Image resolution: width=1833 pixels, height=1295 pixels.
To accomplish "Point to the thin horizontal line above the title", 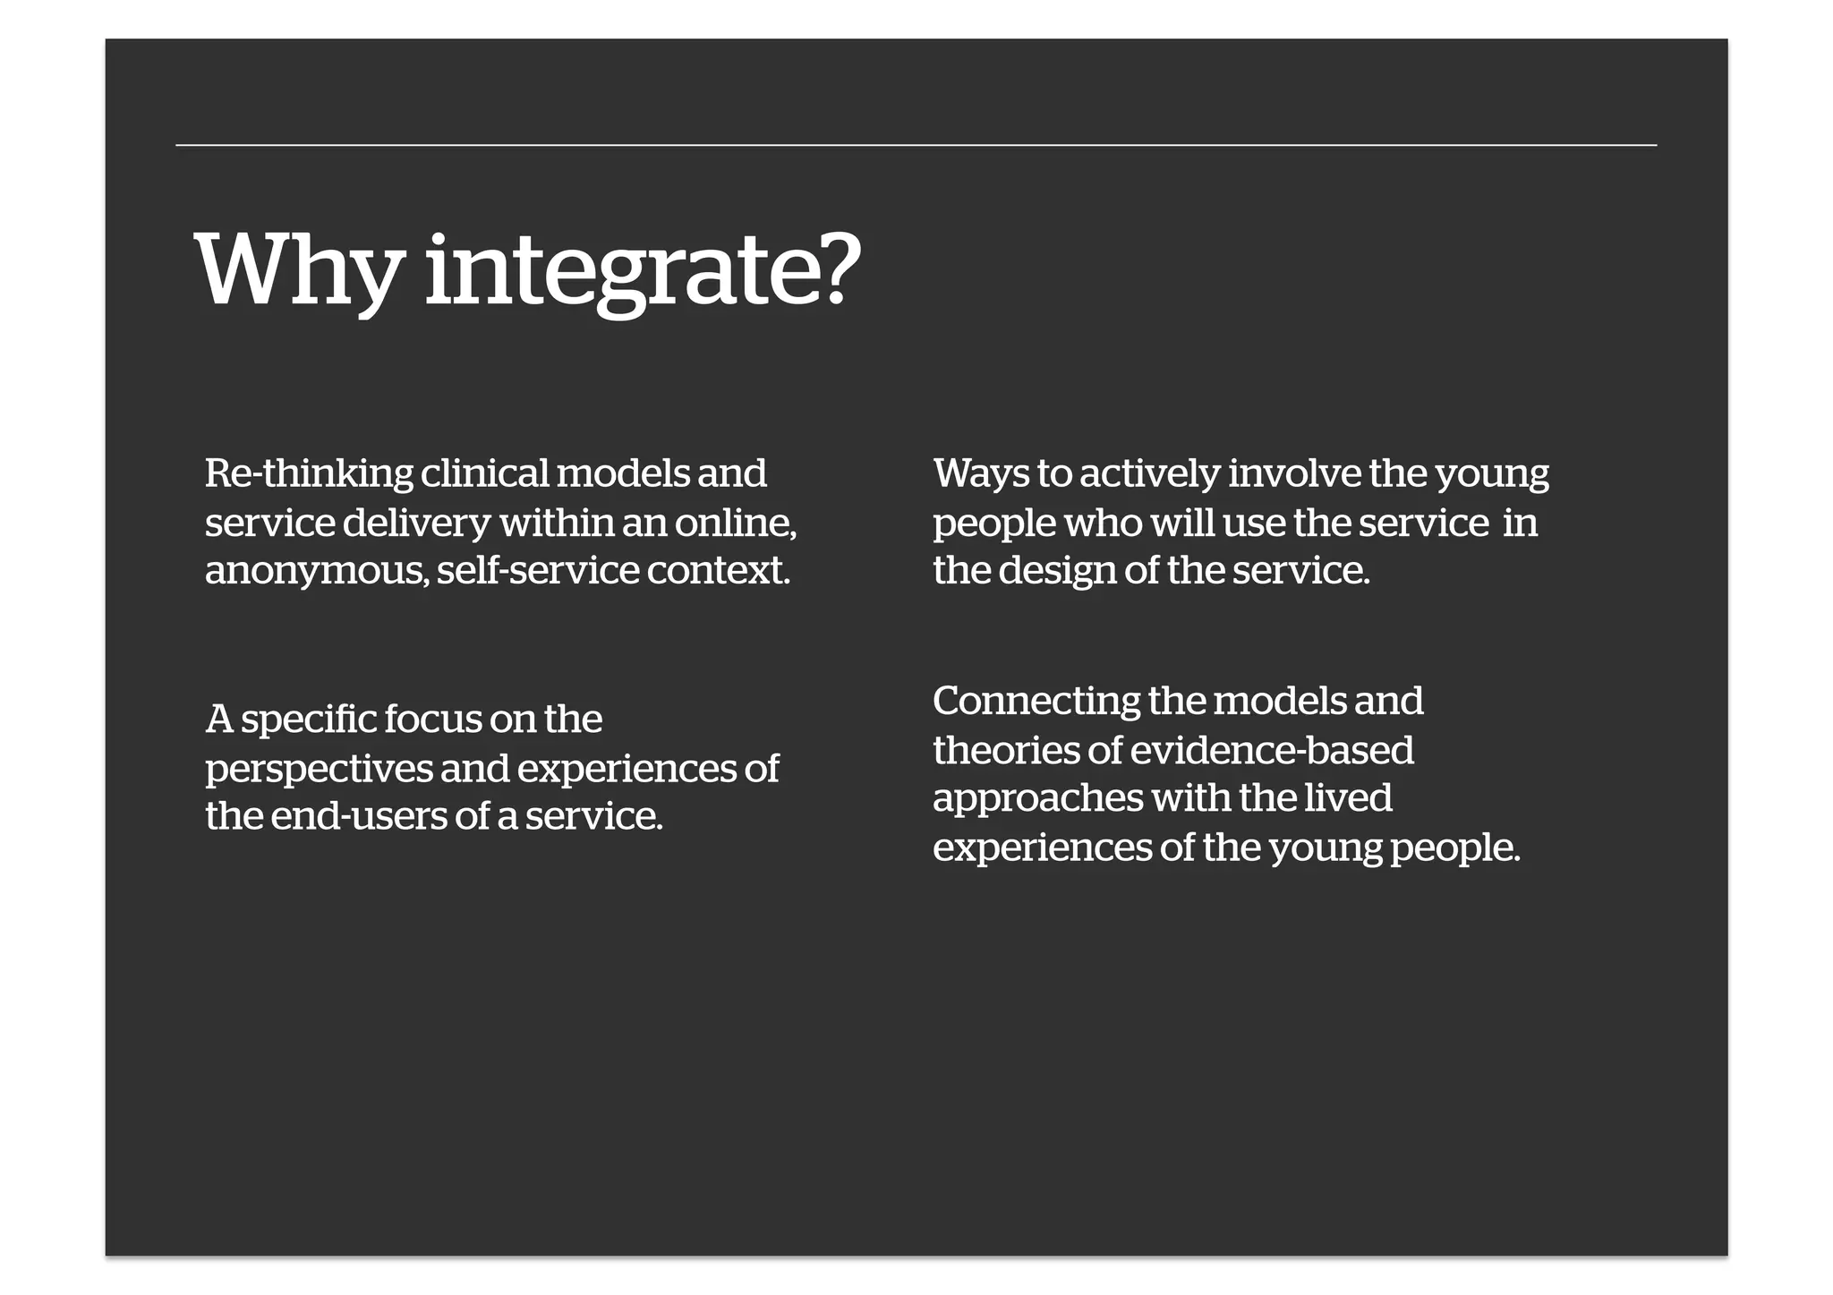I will pos(916,144).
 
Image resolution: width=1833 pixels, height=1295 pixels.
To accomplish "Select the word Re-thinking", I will pos(309,473).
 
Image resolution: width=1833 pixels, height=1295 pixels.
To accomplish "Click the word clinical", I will pos(484,473).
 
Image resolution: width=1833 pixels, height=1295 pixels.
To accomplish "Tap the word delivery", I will pos(417,523).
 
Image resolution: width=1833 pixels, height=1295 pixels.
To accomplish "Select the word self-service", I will pos(538,571).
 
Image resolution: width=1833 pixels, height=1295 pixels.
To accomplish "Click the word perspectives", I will pos(319,769).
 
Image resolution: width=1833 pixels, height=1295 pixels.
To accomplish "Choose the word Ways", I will pos(981,473).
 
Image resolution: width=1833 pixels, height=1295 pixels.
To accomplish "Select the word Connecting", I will pos(1036,701).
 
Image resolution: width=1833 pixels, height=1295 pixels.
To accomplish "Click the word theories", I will pos(1006,750).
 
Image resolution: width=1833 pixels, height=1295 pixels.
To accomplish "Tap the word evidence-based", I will pos(1272,750).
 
